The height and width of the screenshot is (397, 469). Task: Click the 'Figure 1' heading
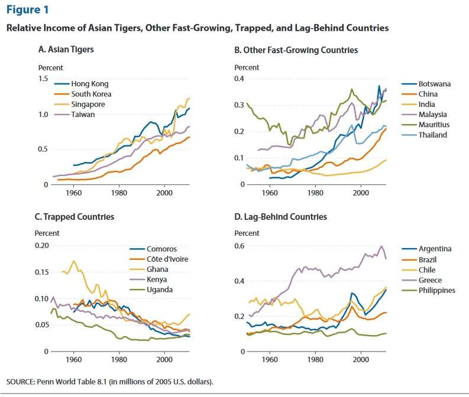tap(28, 9)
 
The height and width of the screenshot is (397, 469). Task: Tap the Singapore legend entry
tap(88, 105)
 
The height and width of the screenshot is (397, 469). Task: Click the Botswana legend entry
tap(434, 84)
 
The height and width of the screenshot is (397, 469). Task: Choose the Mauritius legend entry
tap(434, 125)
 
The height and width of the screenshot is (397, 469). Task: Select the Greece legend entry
tap(429, 280)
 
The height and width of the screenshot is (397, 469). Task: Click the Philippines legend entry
tap(436, 290)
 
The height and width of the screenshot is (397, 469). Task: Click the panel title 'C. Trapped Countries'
tap(75, 217)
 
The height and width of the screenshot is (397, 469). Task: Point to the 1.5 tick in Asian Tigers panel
tap(43, 79)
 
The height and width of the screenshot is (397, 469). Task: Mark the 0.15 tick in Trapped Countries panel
tap(40, 272)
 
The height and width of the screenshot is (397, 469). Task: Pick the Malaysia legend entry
tap(432, 115)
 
